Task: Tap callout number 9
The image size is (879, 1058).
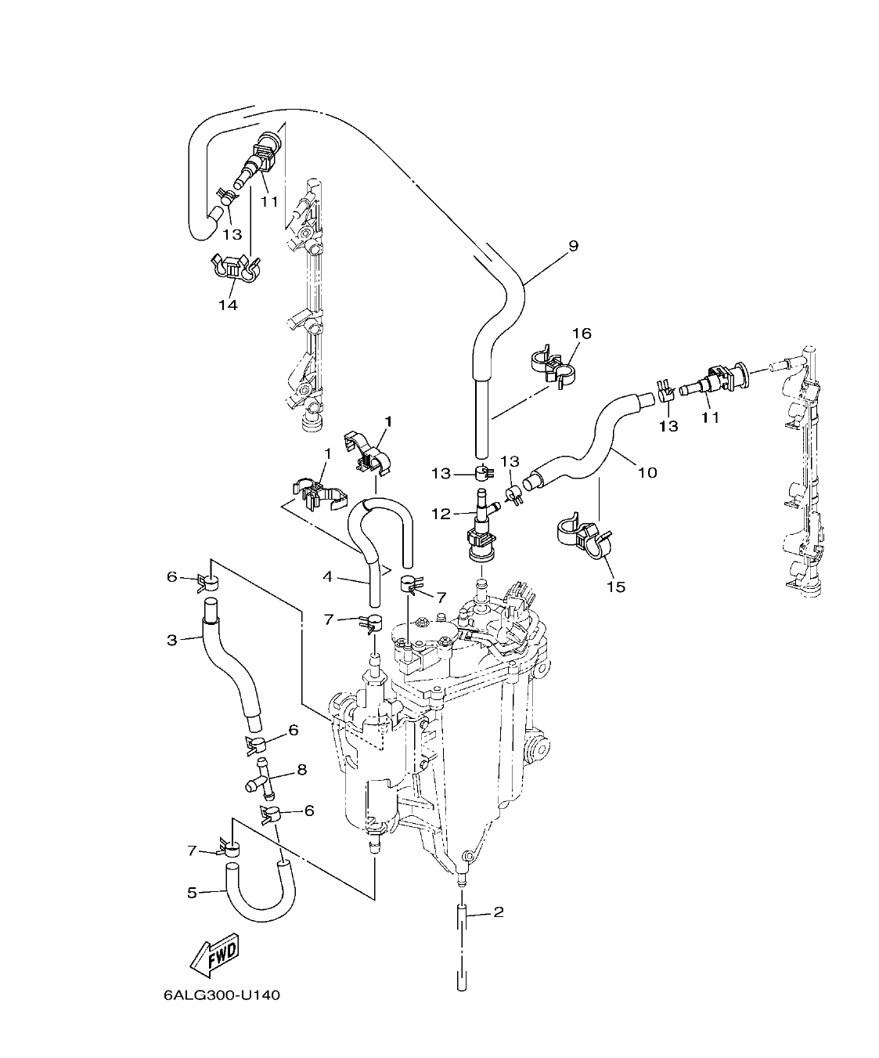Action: tap(573, 246)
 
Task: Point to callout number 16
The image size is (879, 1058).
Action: tap(581, 334)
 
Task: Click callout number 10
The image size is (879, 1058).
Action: tap(647, 472)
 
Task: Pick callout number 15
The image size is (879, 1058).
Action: tap(616, 586)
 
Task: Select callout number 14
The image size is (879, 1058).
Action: tap(227, 305)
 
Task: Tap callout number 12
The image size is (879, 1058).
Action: tap(441, 513)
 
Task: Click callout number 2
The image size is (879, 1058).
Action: tap(498, 912)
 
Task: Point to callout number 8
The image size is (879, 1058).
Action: tap(301, 771)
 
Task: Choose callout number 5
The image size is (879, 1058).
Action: tap(192, 891)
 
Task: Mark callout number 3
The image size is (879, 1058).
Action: tap(172, 640)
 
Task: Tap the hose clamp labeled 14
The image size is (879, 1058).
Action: tap(233, 269)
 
